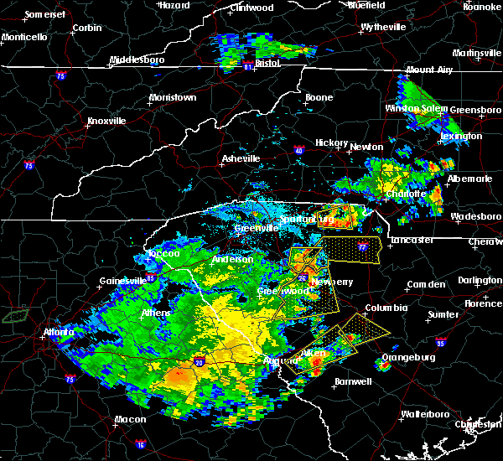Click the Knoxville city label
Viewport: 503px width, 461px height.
click(x=106, y=121)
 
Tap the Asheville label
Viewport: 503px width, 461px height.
click(x=241, y=158)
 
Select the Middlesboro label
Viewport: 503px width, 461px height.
click(x=138, y=60)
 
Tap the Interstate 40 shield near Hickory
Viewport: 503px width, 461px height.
click(x=298, y=151)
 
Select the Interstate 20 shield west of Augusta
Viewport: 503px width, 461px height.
click(x=200, y=361)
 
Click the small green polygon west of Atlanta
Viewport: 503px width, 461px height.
click(x=13, y=316)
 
